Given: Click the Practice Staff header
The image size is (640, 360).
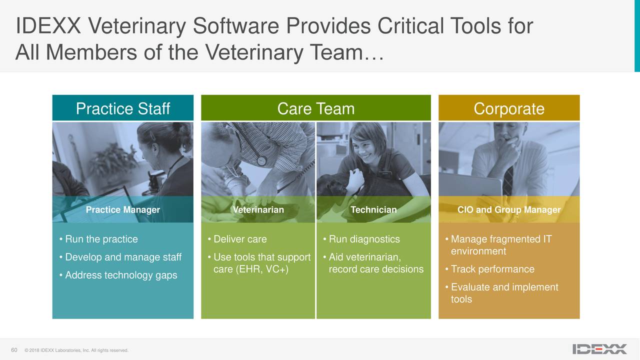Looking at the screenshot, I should click(122, 108).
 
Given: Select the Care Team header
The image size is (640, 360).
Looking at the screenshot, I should click(315, 108).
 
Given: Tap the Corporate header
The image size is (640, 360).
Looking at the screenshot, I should click(508, 108).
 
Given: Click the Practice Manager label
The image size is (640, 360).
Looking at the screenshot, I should click(122, 209).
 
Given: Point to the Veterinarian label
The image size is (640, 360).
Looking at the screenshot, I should click(258, 209).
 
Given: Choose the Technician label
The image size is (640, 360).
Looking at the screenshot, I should click(373, 209).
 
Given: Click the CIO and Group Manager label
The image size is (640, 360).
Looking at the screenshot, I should click(508, 209).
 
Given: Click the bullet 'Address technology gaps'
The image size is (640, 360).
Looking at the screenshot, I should click(120, 275).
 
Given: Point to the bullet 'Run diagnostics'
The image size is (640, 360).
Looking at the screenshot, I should click(364, 239).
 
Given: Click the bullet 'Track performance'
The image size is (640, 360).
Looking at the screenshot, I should click(492, 269).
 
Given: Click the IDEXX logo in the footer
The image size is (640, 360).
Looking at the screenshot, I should click(599, 349).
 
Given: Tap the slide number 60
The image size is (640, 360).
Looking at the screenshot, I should click(14, 349).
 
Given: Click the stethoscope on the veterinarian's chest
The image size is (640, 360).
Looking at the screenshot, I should click(261, 160).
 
